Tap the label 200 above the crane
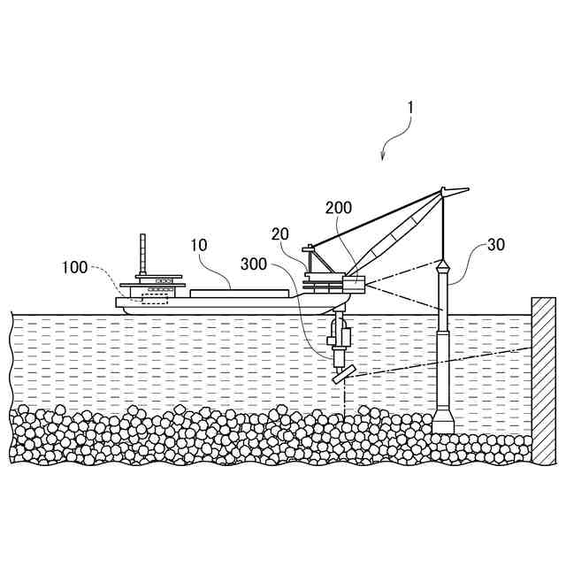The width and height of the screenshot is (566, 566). tap(339, 209)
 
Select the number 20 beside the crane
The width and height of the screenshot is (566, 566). tap(280, 234)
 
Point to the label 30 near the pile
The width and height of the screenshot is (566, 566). tap(495, 245)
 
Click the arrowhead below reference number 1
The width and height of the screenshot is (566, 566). tap(382, 157)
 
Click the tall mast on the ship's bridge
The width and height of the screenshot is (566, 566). tap(142, 256)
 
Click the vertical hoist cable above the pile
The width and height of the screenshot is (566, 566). tap(442, 226)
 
